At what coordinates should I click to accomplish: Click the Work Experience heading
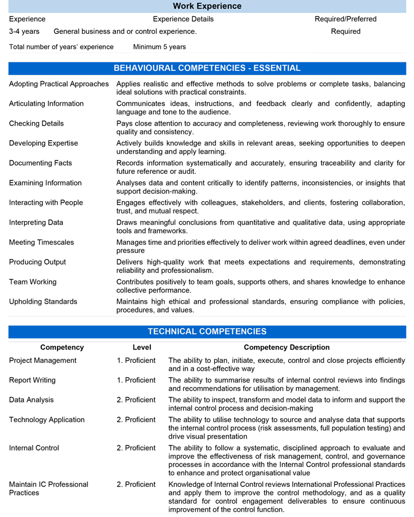207,6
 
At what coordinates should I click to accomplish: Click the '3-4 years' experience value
24,31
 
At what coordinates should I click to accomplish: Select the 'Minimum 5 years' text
160,47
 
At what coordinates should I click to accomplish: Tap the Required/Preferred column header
345,19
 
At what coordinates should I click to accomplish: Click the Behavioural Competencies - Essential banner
207,69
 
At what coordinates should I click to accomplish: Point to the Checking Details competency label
37,123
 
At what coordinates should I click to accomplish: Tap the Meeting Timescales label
41,242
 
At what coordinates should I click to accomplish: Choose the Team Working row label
33,281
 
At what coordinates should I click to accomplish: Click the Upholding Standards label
43,301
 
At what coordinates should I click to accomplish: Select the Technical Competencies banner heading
207,332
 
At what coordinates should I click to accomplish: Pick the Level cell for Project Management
136,361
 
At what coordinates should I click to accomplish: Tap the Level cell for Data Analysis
136,400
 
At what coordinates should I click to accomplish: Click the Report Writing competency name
33,380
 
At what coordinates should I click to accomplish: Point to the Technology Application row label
47,420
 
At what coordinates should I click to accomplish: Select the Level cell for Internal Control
136,448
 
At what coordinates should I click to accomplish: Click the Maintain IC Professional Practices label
49,489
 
